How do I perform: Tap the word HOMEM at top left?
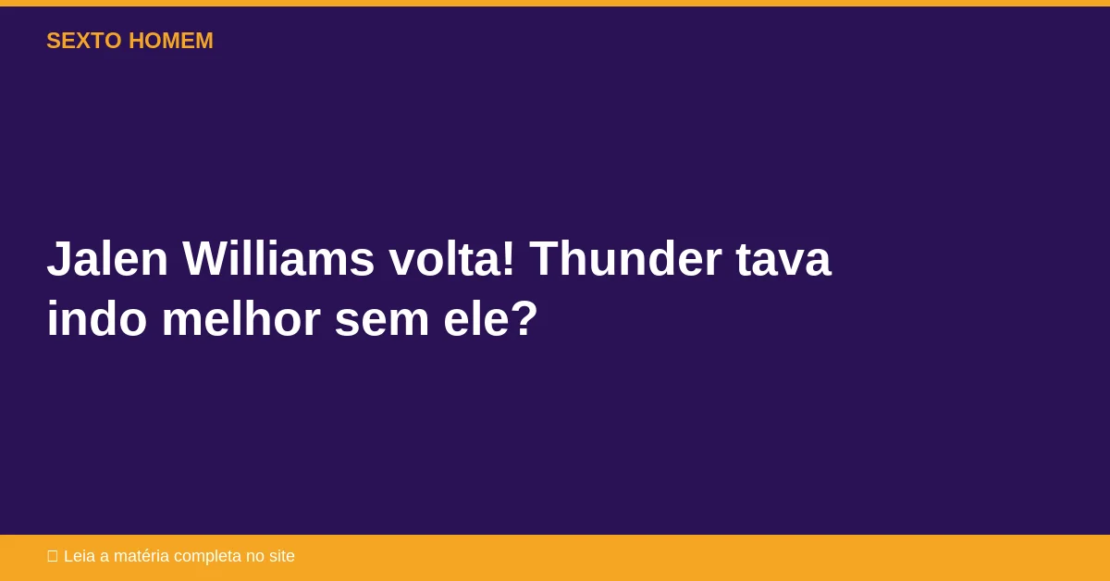click(x=171, y=41)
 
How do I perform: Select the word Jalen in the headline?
click(x=107, y=258)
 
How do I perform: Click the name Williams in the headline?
click(x=278, y=258)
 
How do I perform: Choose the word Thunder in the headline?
click(x=625, y=258)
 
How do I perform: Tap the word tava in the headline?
click(x=783, y=258)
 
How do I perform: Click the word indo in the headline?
click(x=97, y=318)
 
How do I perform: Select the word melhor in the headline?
click(x=240, y=318)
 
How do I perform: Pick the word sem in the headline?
click(x=382, y=318)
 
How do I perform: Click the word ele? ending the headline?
click(x=490, y=318)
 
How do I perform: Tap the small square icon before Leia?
click(x=52, y=556)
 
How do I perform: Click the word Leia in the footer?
click(x=80, y=556)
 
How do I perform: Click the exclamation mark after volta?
click(x=508, y=258)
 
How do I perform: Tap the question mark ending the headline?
click(x=524, y=318)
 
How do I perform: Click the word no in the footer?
click(x=254, y=556)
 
